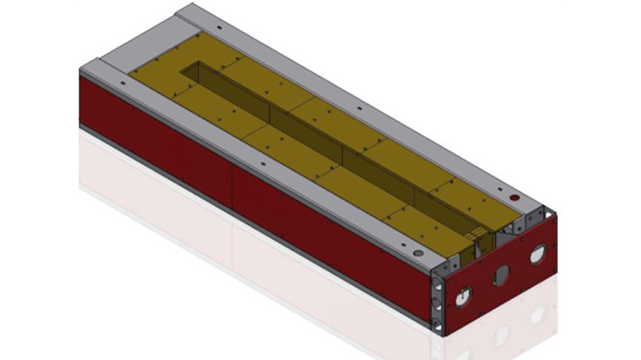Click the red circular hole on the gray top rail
coord(515,196)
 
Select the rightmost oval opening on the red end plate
coord(537,254)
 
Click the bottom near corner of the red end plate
coord(444,336)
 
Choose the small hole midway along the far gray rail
coord(359,109)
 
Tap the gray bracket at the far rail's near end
coord(535,214)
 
